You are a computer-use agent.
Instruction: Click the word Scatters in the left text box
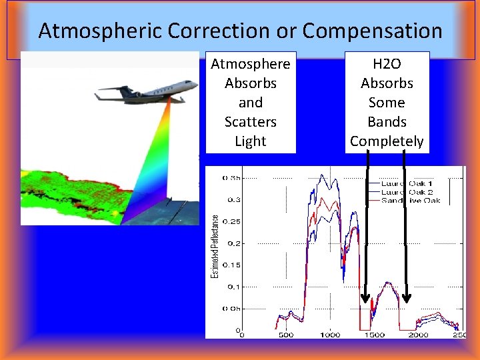(x=251, y=122)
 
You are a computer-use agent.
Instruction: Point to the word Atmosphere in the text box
(x=251, y=64)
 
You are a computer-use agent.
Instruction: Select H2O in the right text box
(x=387, y=64)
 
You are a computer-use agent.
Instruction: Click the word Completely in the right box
(x=387, y=141)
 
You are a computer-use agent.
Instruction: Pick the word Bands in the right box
(x=387, y=122)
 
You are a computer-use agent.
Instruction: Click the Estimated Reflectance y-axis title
(x=215, y=246)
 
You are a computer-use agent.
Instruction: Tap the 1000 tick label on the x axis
(x=329, y=335)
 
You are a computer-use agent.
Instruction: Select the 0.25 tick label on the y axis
(x=231, y=222)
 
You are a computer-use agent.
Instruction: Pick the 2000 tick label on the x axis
(x=418, y=335)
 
